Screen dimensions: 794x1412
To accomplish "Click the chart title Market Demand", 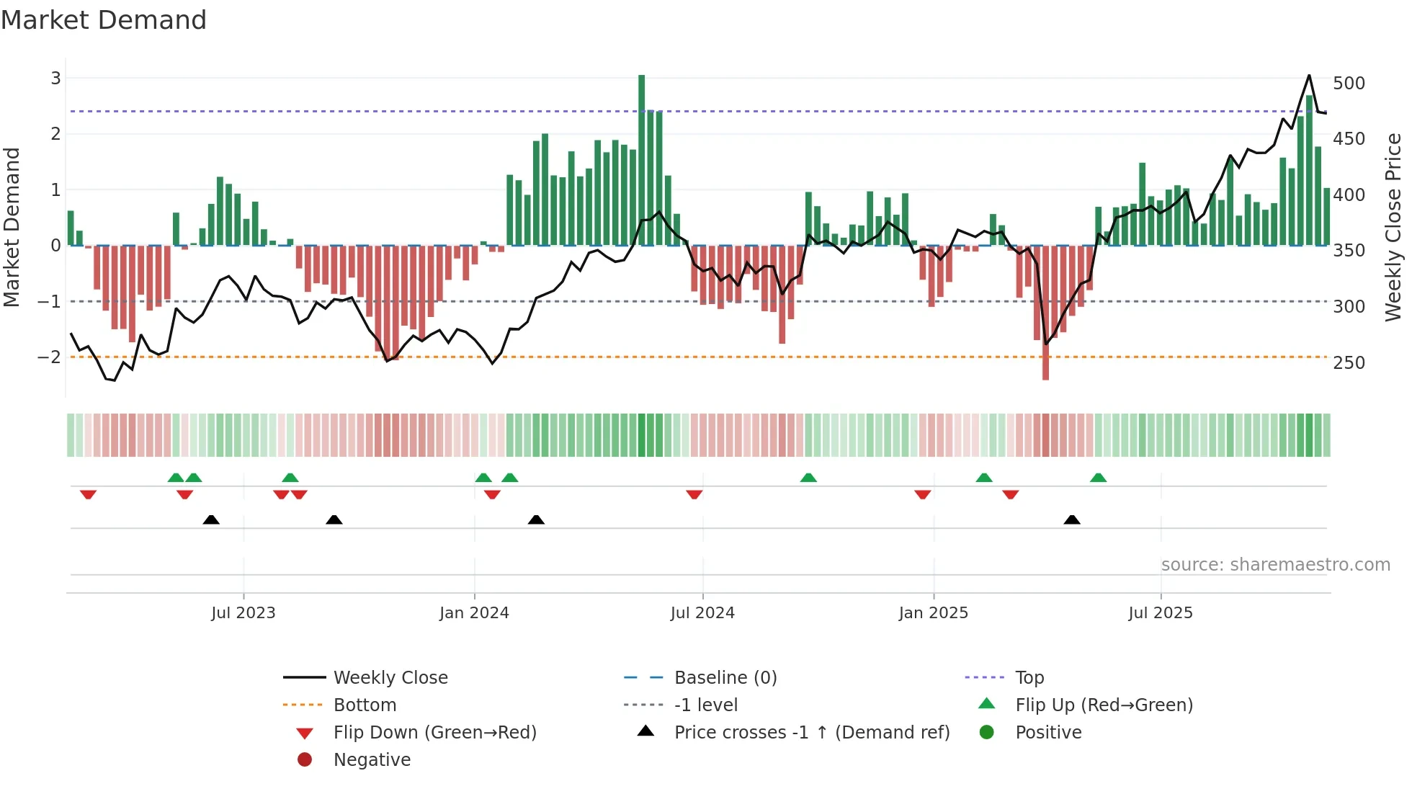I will coord(104,20).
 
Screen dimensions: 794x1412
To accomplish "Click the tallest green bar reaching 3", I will coord(641,160).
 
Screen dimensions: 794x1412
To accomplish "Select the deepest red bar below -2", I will coord(1045,313).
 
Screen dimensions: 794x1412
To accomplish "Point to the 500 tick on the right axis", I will coord(1349,84).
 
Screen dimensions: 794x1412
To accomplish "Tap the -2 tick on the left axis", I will coord(49,357).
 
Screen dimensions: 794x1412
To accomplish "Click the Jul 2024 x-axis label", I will coord(702,613).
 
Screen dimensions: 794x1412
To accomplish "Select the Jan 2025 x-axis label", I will coord(934,613).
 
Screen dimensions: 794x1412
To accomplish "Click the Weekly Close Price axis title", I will coord(1393,227).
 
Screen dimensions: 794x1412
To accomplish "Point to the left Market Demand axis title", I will coord(12,227).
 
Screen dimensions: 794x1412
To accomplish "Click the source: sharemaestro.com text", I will coord(1275,565).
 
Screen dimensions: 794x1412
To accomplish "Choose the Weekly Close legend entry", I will coord(390,678).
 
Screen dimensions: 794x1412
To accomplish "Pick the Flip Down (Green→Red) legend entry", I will coord(434,733).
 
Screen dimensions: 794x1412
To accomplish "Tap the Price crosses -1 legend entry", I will coord(811,733).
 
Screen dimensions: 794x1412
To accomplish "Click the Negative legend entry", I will coord(372,760).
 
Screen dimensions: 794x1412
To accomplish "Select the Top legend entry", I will coord(1029,678).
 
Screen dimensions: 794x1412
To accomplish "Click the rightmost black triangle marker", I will coord(1072,519).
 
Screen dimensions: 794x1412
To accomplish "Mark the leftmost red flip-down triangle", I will coord(88,494).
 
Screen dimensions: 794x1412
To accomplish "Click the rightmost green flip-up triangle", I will coord(1098,478).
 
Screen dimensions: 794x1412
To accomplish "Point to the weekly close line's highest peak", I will coord(1309,76).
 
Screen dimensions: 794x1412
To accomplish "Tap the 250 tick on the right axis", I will coord(1349,363).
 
